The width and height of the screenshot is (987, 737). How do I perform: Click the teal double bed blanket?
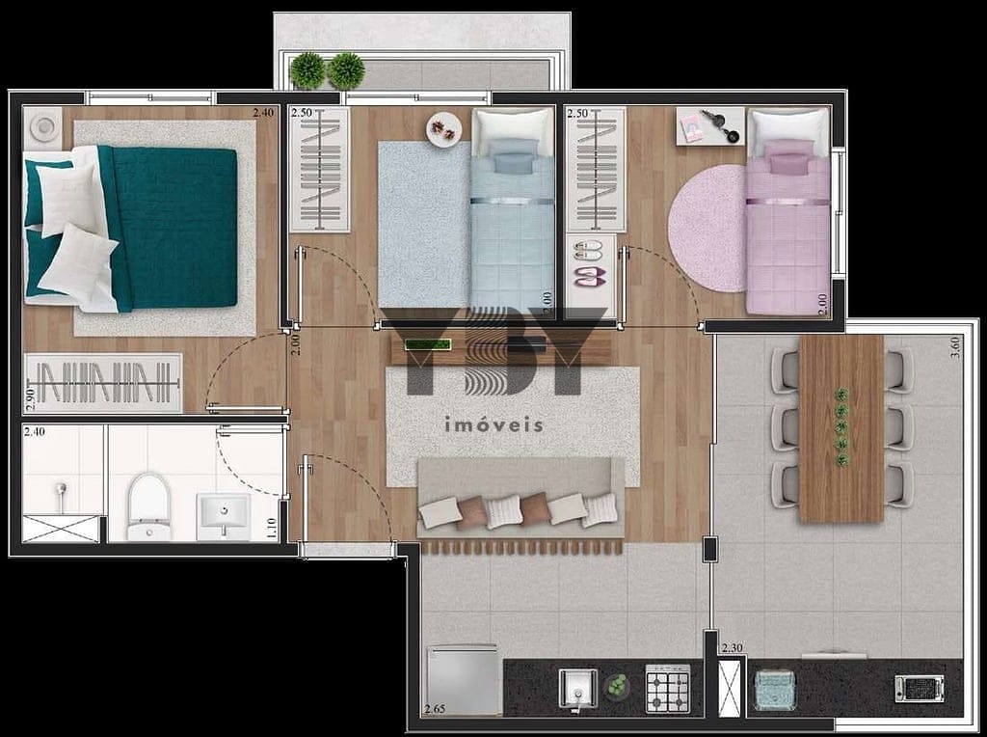click(x=170, y=228)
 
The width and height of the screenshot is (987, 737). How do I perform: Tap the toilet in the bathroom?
click(x=149, y=507)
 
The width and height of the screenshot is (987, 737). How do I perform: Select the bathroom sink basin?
click(x=224, y=516)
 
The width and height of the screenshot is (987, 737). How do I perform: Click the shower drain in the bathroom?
click(x=61, y=489)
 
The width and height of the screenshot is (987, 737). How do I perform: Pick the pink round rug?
click(x=708, y=228)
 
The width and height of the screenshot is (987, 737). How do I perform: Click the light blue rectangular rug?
click(x=424, y=224)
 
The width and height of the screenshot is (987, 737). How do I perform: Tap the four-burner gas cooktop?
click(x=667, y=688)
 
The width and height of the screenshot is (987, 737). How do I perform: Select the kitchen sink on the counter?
click(x=578, y=691)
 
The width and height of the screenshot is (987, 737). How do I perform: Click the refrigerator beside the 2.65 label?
click(x=464, y=679)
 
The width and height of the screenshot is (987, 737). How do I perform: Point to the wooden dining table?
click(x=840, y=428)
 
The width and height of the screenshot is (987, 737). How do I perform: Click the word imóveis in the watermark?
click(x=493, y=424)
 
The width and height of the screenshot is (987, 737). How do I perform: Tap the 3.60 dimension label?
click(x=955, y=347)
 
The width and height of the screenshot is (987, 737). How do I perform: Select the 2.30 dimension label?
click(x=733, y=647)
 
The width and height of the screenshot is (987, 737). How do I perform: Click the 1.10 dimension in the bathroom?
click(x=271, y=528)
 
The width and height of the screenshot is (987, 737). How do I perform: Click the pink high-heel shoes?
click(x=590, y=275)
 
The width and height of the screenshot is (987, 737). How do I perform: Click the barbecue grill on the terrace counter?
click(x=919, y=688)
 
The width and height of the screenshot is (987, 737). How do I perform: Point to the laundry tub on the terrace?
click(x=775, y=691)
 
